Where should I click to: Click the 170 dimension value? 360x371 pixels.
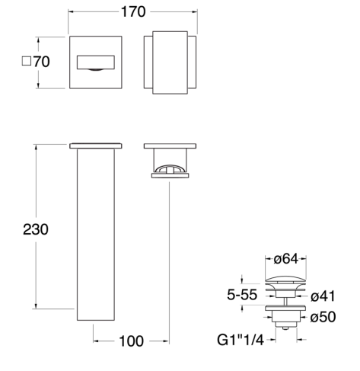tap(133, 11)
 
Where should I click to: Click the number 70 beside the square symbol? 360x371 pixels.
tap(42, 62)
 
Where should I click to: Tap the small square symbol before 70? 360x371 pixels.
tap(27, 61)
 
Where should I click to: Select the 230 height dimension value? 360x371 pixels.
tap(36, 229)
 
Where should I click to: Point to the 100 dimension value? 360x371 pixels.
tap(131, 341)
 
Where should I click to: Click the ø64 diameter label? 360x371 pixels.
tap(286, 259)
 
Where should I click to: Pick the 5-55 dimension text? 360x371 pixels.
tap(242, 295)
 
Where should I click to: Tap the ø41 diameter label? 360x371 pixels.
tap(323, 296)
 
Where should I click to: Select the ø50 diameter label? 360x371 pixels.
tap(323, 317)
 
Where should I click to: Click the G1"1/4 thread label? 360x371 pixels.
tap(241, 340)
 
